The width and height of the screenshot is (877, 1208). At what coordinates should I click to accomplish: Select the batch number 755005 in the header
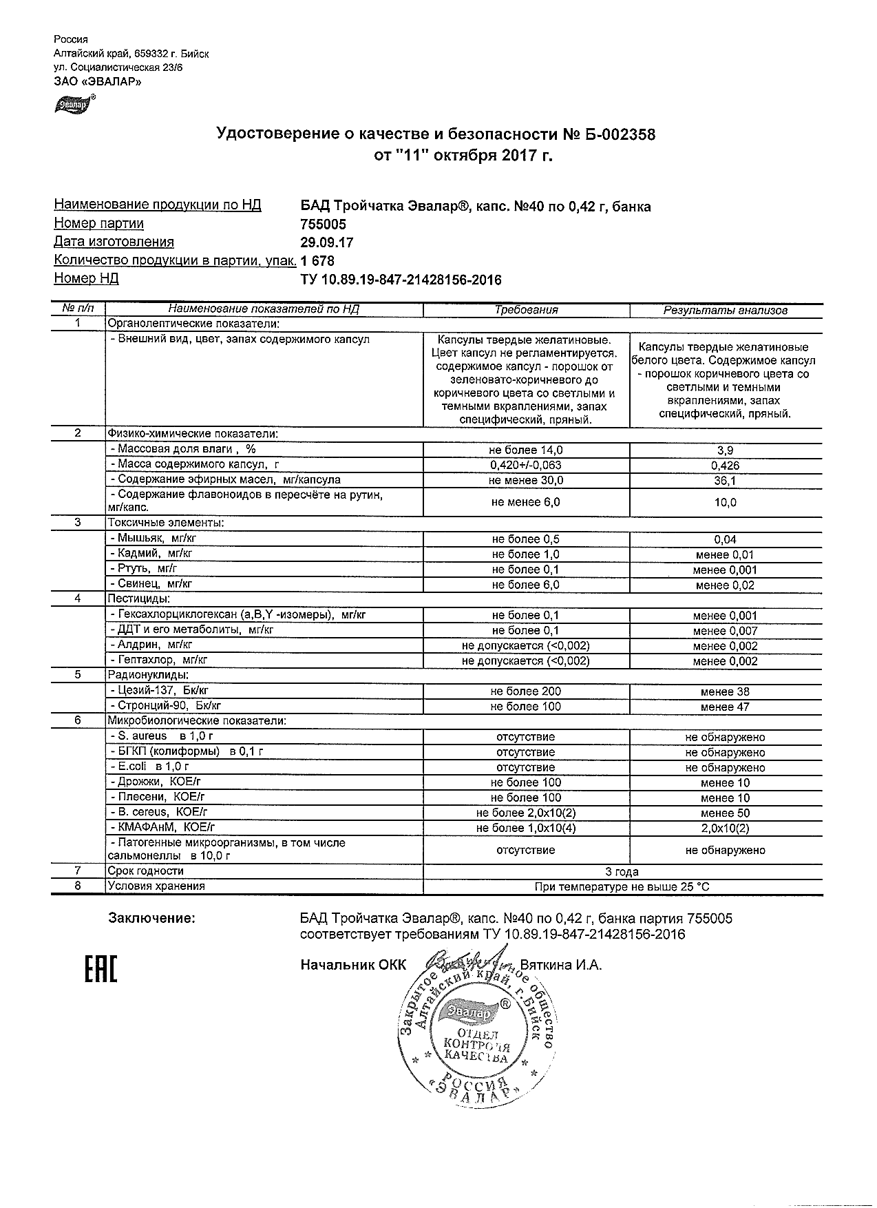pyautogui.click(x=324, y=225)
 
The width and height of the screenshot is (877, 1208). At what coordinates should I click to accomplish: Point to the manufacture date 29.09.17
pyautogui.click(x=327, y=242)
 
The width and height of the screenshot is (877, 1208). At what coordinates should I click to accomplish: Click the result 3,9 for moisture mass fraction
pyautogui.click(x=725, y=450)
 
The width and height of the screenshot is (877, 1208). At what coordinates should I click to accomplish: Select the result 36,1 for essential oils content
pyautogui.click(x=725, y=481)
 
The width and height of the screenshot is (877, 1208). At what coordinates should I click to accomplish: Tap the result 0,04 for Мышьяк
pyautogui.click(x=725, y=540)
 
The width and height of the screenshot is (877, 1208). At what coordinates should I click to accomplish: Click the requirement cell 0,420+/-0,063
pyautogui.click(x=525, y=466)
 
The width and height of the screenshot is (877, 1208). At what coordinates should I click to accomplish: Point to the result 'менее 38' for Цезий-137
pyautogui.click(x=725, y=691)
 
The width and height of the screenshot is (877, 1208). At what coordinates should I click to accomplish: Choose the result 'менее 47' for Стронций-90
pyautogui.click(x=725, y=707)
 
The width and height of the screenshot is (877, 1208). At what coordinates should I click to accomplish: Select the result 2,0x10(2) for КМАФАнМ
pyautogui.click(x=725, y=828)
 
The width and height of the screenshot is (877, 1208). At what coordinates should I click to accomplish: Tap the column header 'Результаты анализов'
pyautogui.click(x=725, y=310)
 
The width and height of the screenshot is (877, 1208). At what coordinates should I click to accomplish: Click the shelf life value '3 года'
pyautogui.click(x=622, y=872)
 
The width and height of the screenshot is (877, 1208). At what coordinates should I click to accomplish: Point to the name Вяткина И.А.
pyautogui.click(x=561, y=965)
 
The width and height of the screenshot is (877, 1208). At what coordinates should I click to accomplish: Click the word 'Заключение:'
pyautogui.click(x=151, y=919)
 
